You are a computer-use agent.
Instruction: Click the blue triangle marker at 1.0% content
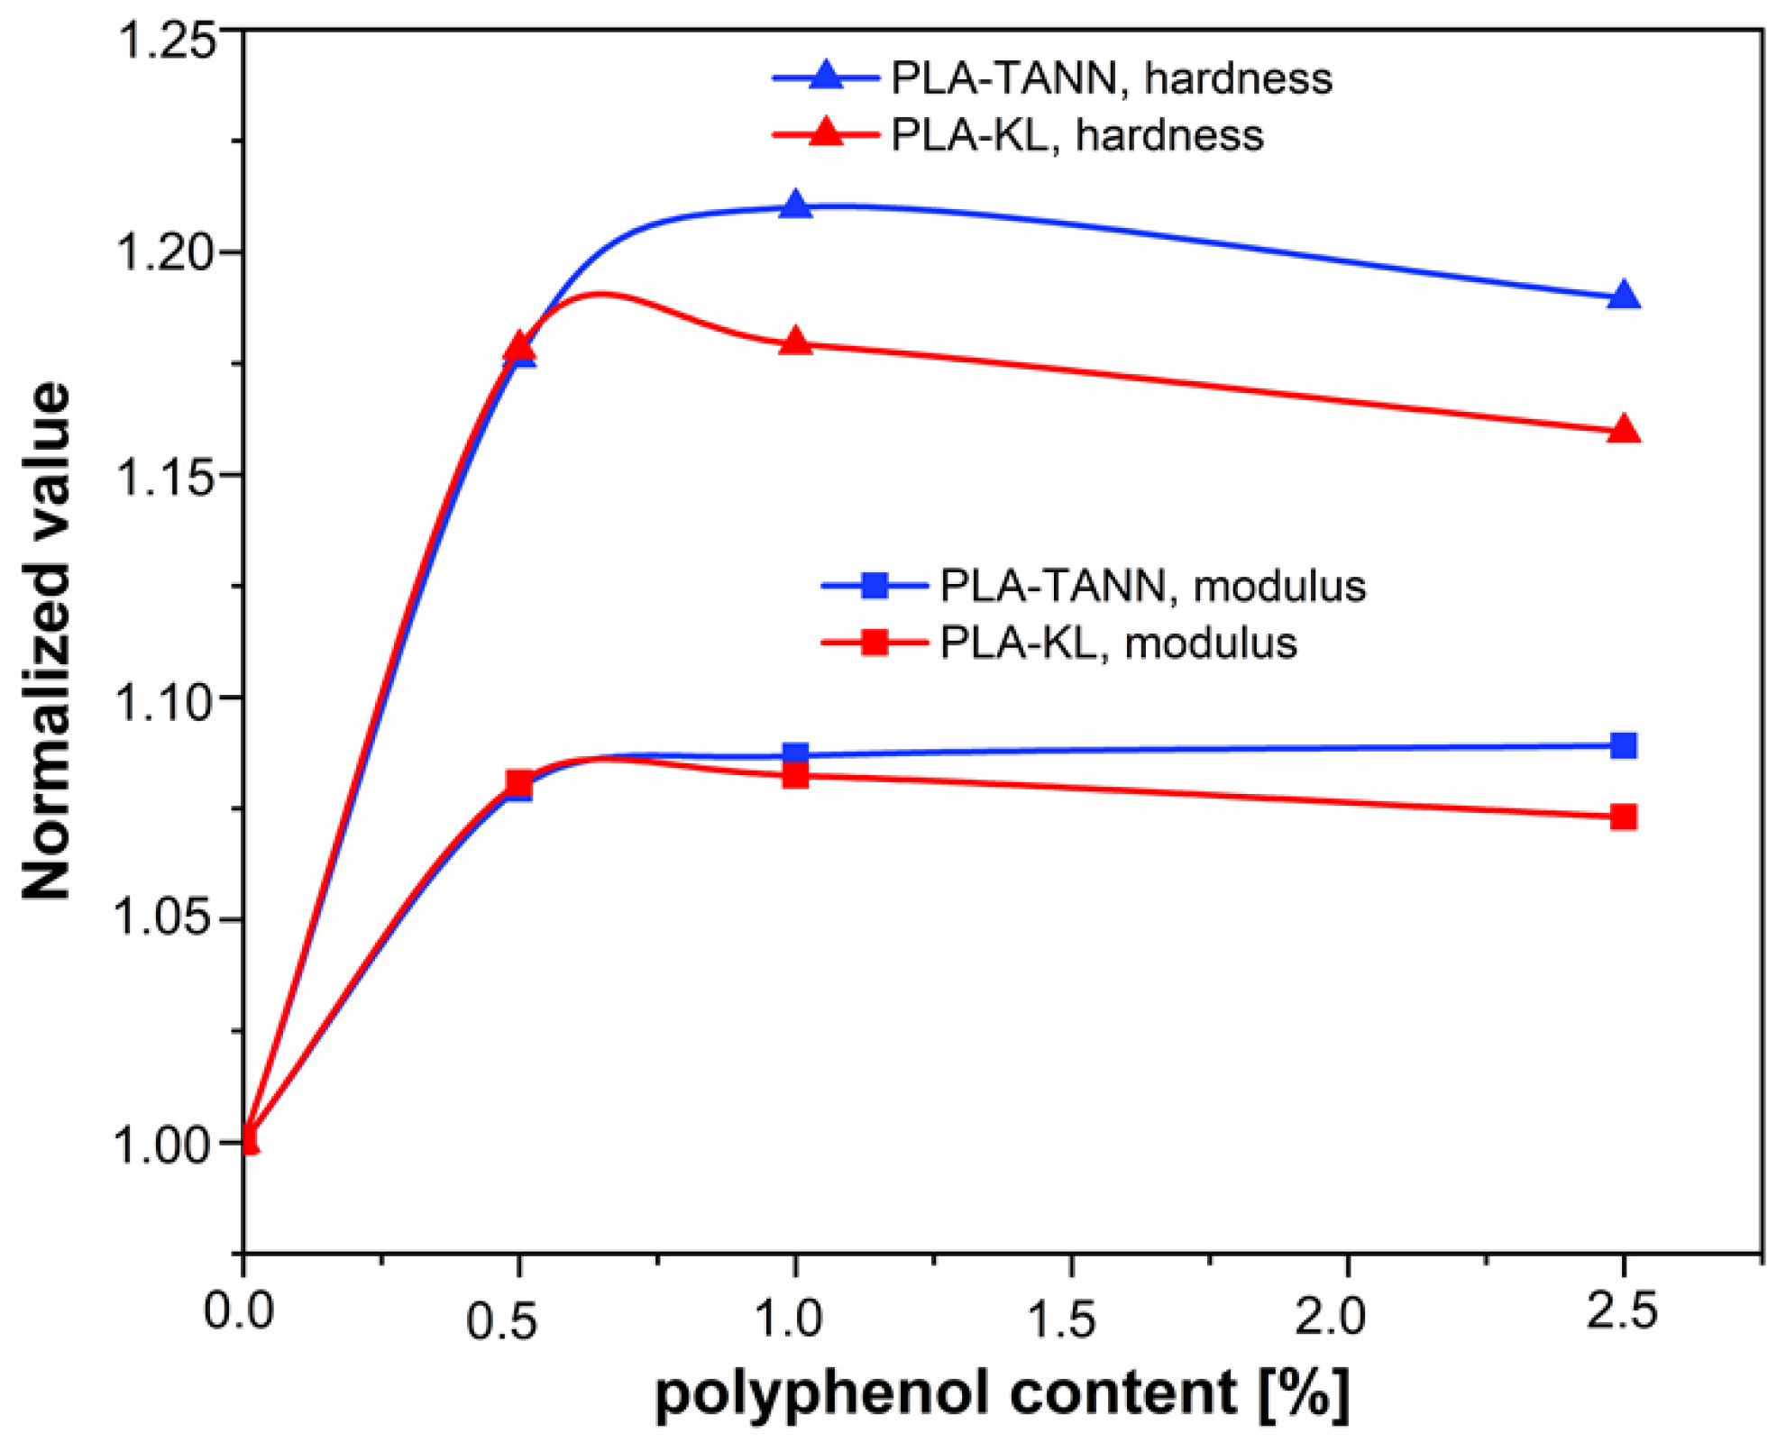coord(795,206)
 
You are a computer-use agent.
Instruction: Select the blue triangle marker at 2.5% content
coord(1624,296)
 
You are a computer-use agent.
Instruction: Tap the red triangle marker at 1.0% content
coord(795,342)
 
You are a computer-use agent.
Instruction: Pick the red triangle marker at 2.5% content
coord(1624,430)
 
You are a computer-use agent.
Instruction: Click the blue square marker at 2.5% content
coord(1624,745)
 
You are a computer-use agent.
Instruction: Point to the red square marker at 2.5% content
coord(1624,817)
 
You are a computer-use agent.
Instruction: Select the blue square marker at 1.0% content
coord(795,754)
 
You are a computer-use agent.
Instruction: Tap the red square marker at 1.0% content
coord(795,775)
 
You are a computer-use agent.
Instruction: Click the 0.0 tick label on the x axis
coord(238,1310)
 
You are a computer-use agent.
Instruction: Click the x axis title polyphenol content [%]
coord(1002,1393)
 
